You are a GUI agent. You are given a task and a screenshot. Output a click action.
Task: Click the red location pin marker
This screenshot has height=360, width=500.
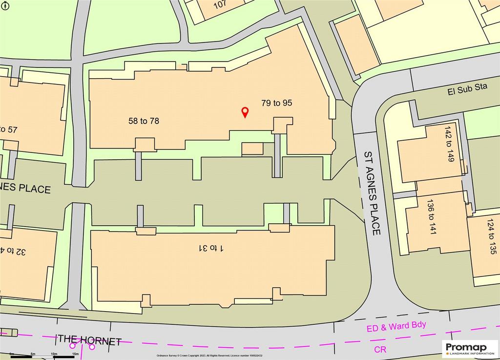pyautogui.click(x=245, y=113)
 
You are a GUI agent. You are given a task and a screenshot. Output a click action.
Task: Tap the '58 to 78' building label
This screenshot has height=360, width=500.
pyautogui.click(x=143, y=121)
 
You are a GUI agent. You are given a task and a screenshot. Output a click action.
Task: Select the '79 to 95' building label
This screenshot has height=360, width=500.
pyautogui.click(x=276, y=103)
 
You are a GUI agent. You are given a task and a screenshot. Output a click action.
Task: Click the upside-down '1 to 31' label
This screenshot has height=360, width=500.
pyautogui.click(x=210, y=248)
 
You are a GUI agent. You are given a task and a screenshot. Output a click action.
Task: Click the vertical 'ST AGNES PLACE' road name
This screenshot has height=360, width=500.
pyautogui.click(x=372, y=193)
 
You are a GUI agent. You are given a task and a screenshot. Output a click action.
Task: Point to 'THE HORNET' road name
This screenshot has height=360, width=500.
pyautogui.click(x=89, y=340)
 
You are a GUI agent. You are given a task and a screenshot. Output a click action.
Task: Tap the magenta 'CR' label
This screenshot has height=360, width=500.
pyautogui.click(x=380, y=349)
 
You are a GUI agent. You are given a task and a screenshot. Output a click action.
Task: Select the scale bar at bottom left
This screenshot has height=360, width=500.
pyautogui.click(x=44, y=356)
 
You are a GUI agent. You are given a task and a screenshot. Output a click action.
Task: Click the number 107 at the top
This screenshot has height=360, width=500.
pyautogui.click(x=221, y=5)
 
